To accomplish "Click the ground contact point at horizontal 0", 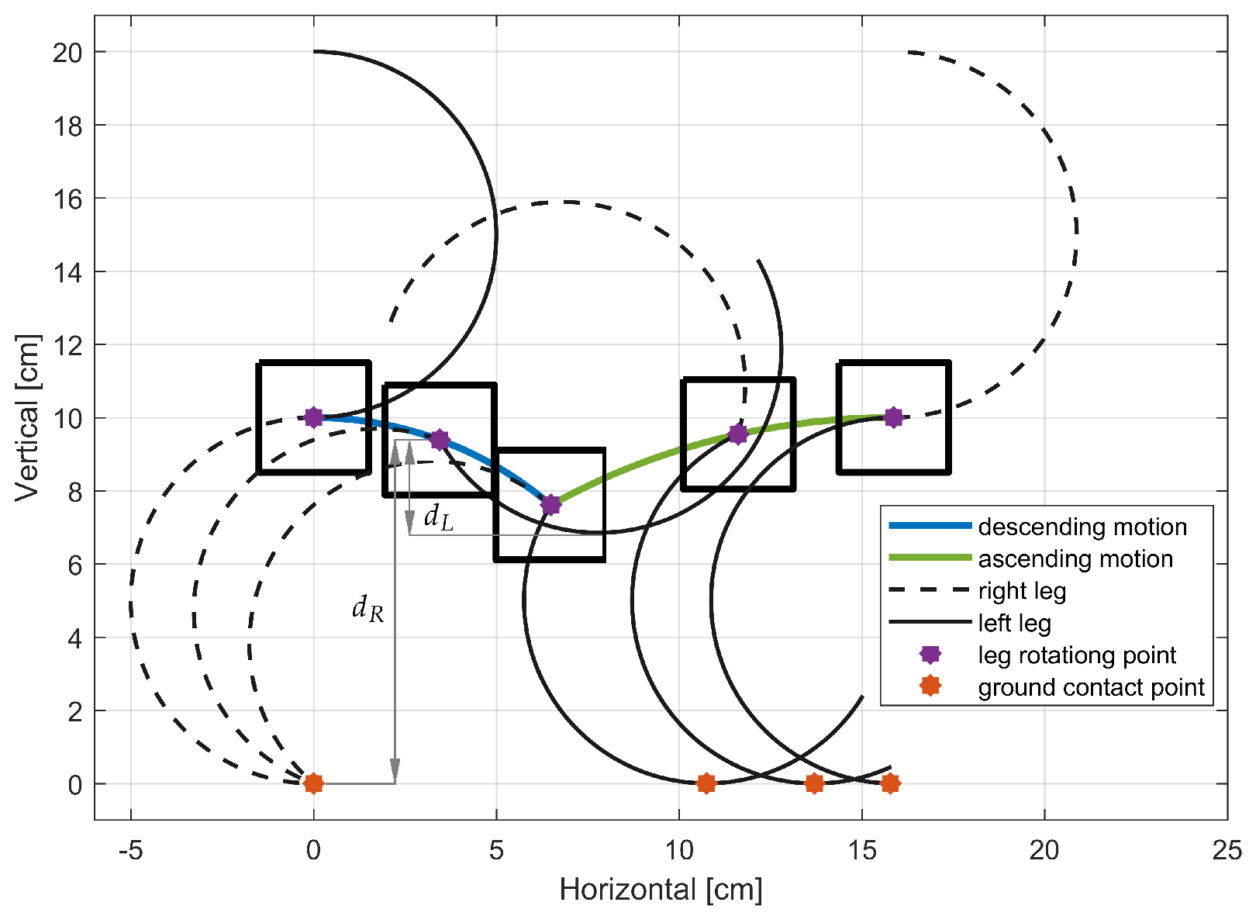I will [x=313, y=783].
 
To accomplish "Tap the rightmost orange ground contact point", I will [x=890, y=783].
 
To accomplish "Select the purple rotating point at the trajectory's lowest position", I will [x=550, y=505].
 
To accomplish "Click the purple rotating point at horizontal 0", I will [x=313, y=417].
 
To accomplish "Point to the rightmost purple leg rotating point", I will [x=893, y=417].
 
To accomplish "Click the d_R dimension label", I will [x=367, y=609].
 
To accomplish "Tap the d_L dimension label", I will [x=438, y=517].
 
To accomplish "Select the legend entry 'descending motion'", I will [x=1082, y=527].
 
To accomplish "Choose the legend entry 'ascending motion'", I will [x=1075, y=558].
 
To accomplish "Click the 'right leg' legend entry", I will [x=1022, y=591].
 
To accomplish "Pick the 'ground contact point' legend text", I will [x=1091, y=687].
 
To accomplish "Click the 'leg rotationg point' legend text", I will [x=1077, y=655].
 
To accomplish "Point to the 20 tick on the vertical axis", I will [x=67, y=52].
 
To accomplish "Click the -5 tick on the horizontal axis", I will [x=130, y=851].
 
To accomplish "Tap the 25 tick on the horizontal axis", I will [x=1227, y=851].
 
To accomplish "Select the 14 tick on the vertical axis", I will [x=67, y=271].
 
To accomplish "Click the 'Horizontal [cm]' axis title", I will [x=661, y=890].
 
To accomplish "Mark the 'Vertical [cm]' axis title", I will [x=27, y=417].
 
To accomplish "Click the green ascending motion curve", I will [x=659, y=458].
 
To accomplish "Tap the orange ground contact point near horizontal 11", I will [x=706, y=783].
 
